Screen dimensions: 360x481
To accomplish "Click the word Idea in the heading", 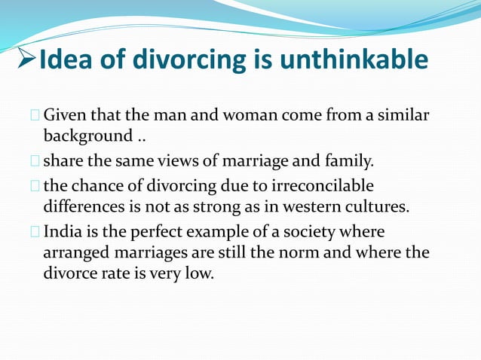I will [x=63, y=59].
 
